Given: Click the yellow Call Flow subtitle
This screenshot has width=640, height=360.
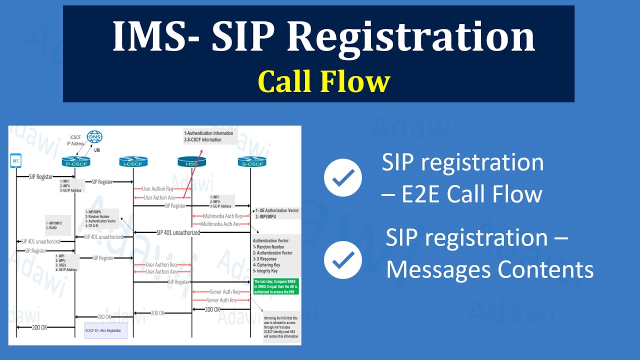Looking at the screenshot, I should click(x=323, y=81).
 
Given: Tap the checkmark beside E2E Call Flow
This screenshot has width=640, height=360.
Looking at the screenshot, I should click(x=343, y=177).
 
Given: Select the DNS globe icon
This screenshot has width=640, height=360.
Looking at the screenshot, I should click(x=94, y=137).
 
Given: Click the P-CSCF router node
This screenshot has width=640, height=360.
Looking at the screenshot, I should click(x=75, y=161).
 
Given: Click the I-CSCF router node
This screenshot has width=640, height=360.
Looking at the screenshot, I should click(x=133, y=161).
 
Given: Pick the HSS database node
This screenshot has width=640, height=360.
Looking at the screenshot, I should click(x=192, y=161).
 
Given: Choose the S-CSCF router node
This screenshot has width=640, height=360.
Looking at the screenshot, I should click(x=251, y=161).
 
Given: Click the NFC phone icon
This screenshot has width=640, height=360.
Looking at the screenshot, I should click(x=16, y=161).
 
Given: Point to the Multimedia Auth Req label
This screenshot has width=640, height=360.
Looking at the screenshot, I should click(x=222, y=216).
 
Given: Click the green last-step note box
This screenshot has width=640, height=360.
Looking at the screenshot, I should click(x=276, y=286).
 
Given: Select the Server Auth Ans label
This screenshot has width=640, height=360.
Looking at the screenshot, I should click(x=221, y=300).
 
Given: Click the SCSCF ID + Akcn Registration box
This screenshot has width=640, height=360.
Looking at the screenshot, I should click(x=106, y=330).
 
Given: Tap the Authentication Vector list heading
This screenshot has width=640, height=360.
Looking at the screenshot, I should click(x=271, y=240).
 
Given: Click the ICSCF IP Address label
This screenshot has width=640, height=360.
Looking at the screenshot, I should click(x=75, y=140).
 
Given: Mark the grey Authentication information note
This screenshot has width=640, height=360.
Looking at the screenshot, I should click(x=209, y=136).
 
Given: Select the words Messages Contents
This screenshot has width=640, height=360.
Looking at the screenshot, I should click(x=489, y=270).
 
